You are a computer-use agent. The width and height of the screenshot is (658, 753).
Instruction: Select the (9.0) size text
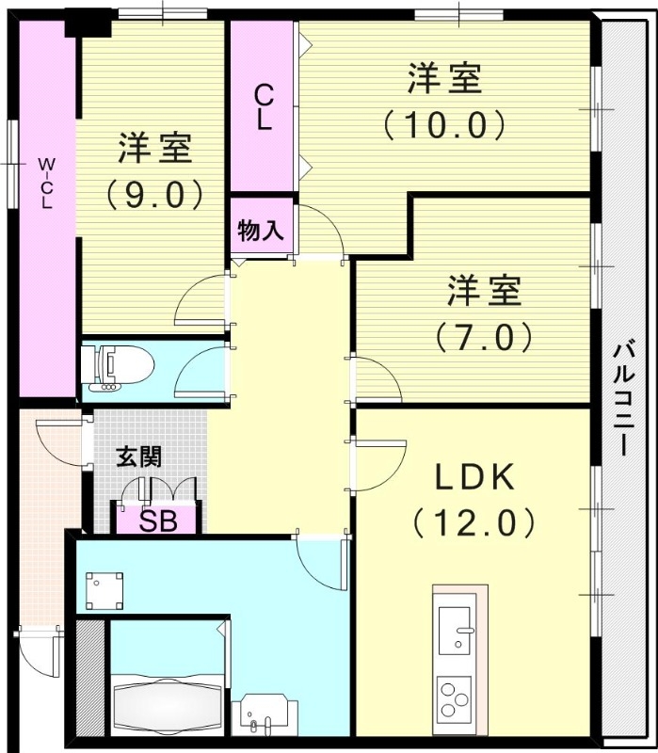[x=154, y=194]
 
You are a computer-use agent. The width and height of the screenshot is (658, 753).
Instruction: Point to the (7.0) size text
[x=484, y=335]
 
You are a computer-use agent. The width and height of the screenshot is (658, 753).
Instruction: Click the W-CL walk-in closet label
[x=45, y=183]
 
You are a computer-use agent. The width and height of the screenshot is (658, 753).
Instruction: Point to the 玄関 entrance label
[x=138, y=457]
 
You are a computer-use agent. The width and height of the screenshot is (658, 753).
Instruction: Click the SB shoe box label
[x=158, y=521]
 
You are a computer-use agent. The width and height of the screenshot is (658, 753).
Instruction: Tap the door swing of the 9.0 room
[x=201, y=301]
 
